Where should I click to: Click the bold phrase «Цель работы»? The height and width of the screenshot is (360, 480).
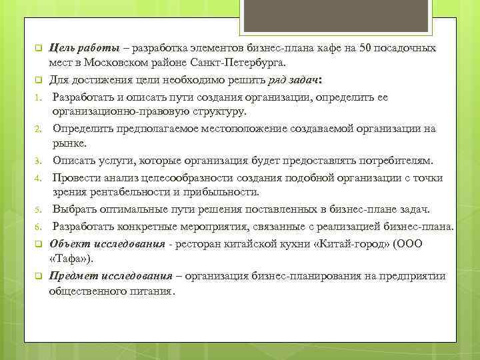click(85, 48)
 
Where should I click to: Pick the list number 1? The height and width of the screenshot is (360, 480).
click(39, 95)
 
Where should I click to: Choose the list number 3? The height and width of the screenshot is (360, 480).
click(39, 161)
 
